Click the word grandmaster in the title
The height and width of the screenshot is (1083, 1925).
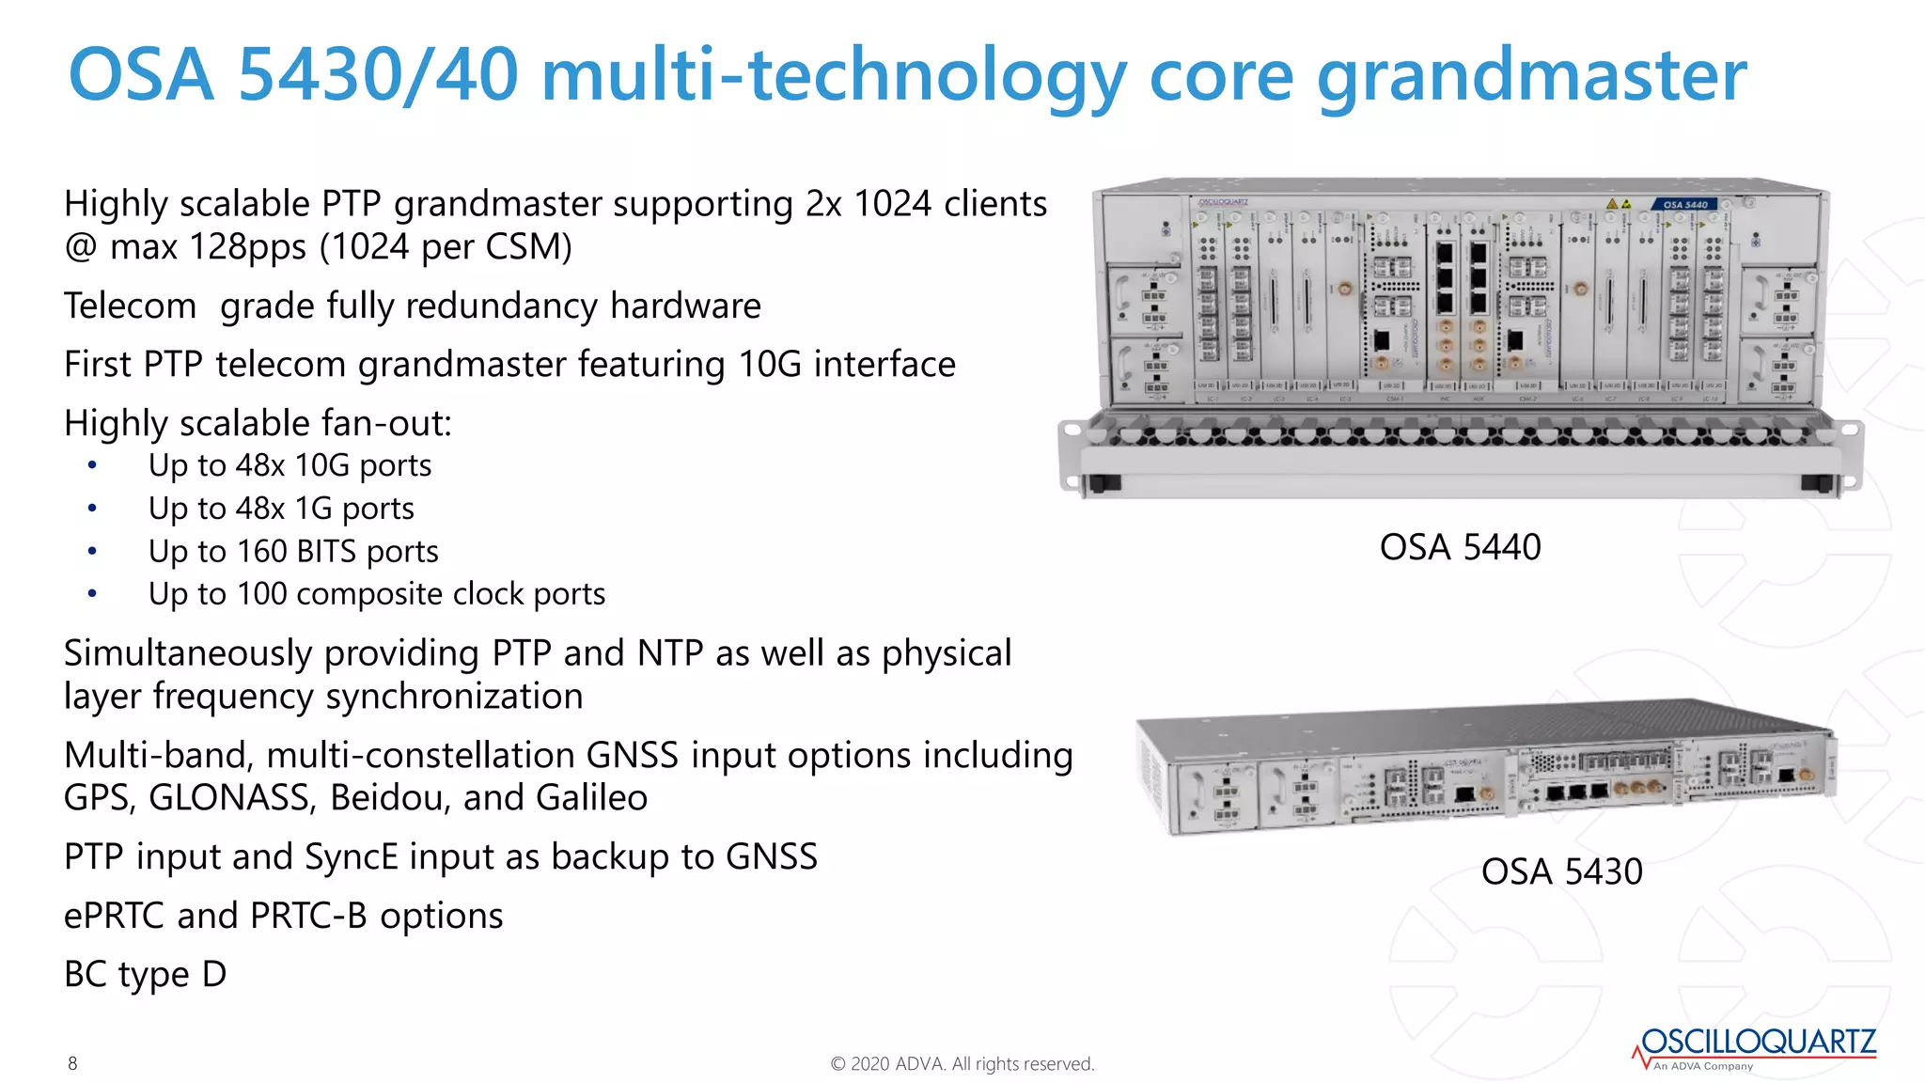pos(1531,77)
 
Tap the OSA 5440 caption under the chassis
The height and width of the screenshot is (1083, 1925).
pos(1460,547)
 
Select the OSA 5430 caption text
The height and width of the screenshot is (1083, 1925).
pos(1561,871)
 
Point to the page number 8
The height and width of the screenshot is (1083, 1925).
pos(72,1063)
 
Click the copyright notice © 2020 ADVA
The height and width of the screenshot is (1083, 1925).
pos(962,1064)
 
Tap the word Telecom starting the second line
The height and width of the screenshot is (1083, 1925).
pos(130,306)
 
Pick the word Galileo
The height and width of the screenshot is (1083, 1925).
pos(591,798)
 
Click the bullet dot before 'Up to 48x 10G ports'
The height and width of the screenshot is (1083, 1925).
pos(92,465)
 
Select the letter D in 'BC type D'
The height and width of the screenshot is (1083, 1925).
pos(214,975)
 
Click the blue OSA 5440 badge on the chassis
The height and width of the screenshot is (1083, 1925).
pos(1684,204)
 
